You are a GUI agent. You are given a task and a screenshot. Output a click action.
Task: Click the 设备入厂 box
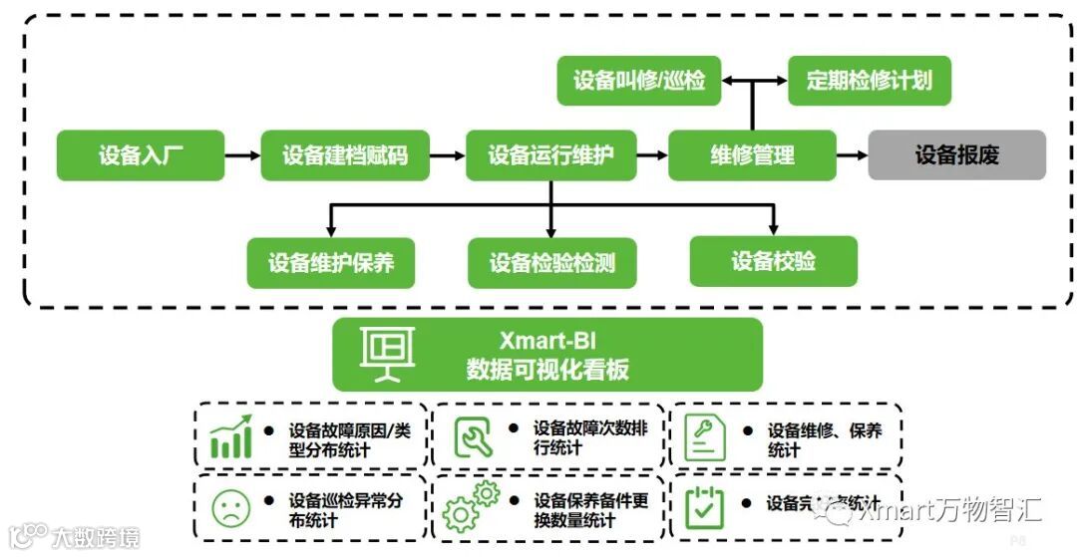[141, 155]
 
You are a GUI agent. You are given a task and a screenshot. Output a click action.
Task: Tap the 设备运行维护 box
[550, 155]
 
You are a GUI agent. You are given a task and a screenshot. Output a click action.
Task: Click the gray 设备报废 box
[956, 155]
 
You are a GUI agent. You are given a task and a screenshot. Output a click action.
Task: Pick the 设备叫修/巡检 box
[639, 81]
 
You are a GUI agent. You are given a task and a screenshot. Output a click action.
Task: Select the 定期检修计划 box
[870, 81]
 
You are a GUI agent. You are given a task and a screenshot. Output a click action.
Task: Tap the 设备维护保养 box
[331, 262]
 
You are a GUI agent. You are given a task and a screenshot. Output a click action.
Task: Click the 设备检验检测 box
[551, 263]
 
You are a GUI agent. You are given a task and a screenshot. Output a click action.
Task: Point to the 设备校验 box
[773, 261]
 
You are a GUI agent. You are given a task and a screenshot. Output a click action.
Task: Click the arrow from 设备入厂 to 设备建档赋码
[242, 155]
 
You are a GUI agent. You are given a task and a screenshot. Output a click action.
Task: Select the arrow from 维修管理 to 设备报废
[851, 155]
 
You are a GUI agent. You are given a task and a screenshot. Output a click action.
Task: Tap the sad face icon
[230, 508]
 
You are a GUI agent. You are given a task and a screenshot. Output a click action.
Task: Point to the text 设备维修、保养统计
[824, 439]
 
